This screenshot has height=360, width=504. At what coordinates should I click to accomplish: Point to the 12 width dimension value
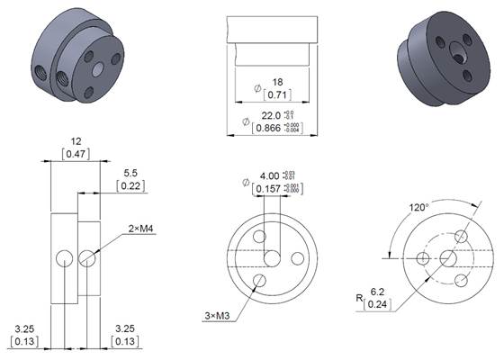[x=76, y=141]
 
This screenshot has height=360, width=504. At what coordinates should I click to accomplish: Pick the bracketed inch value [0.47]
[x=76, y=155]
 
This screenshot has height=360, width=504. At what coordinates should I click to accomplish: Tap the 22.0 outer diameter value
[x=271, y=115]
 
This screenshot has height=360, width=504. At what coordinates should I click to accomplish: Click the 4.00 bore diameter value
[x=269, y=175]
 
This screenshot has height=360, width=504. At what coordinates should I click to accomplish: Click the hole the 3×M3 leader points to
[x=259, y=281]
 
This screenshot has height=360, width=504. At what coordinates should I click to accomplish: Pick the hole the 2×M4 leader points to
[x=86, y=259]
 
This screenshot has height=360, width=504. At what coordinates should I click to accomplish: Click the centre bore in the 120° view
[x=446, y=258]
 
